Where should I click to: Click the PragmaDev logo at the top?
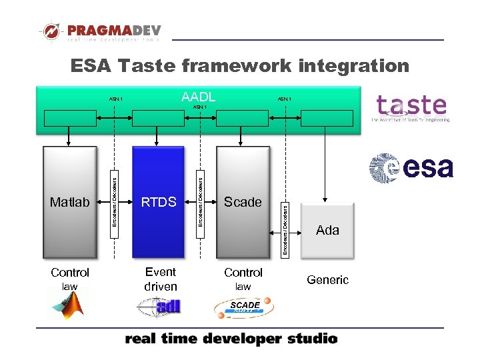(99, 31)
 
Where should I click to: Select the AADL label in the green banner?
(198, 97)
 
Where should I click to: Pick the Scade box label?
(243, 202)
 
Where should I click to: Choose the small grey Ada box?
(327, 231)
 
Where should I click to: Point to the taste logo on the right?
(411, 108)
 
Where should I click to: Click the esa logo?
(411, 167)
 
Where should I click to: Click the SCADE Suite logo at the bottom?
(244, 307)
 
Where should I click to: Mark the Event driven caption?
(161, 279)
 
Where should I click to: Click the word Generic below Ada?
(327, 280)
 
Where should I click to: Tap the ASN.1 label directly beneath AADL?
(200, 107)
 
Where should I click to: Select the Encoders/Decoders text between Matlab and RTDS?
(114, 198)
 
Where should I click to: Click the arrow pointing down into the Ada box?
(325, 197)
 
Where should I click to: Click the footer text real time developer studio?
(231, 339)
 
